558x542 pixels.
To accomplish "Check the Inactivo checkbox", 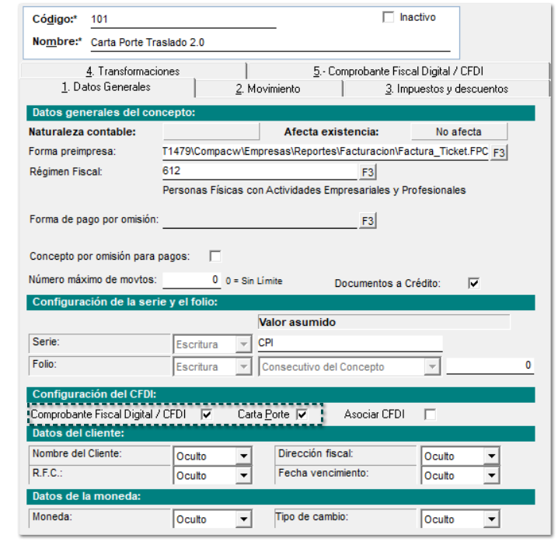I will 389,17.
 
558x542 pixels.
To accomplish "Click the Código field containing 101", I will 183,19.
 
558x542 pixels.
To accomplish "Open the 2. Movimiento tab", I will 267,89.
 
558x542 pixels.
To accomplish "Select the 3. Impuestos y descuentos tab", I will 446,89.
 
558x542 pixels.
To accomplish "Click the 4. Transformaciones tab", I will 133,71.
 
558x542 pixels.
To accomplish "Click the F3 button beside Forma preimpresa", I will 499,152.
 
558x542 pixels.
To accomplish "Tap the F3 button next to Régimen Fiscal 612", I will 367,171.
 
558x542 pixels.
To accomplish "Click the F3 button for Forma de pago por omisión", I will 367,221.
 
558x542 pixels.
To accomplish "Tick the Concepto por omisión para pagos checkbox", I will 215,256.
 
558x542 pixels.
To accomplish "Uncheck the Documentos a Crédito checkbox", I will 474,283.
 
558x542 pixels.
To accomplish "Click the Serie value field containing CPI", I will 349,343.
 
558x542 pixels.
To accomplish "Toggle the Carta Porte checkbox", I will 302,415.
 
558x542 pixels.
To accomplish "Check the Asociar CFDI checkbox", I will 430,415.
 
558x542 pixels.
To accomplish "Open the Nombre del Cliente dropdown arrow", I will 243,456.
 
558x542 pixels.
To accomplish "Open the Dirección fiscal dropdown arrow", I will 490,456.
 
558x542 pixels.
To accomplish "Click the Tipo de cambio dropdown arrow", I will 490,519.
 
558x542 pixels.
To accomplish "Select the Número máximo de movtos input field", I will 192,279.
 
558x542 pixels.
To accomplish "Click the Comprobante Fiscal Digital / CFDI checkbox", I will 207,415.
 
